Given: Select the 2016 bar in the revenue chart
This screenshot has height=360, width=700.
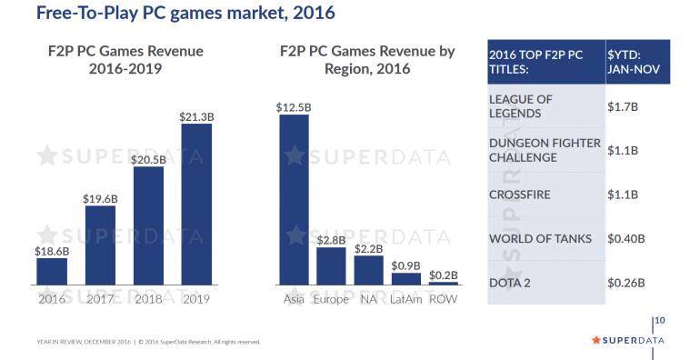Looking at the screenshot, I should tap(52, 271).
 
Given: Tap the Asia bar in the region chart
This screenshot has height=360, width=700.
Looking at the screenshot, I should tap(294, 199).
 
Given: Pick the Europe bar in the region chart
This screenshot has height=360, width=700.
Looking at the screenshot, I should tap(331, 265).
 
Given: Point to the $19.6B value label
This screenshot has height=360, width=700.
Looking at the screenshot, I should tap(100, 197).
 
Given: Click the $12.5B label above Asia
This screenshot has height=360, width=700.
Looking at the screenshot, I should tap(294, 106).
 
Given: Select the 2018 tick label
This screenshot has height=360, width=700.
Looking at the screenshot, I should tap(148, 299).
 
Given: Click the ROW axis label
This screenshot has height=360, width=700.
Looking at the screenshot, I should tap(444, 299).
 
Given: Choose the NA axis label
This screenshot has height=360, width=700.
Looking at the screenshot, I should tap(368, 299).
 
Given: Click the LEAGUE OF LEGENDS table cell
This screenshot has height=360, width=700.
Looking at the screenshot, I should tap(545, 106).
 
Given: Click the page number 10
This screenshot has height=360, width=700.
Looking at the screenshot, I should tap(660, 320).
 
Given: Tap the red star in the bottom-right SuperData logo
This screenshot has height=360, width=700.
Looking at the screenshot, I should tap(596, 340).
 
